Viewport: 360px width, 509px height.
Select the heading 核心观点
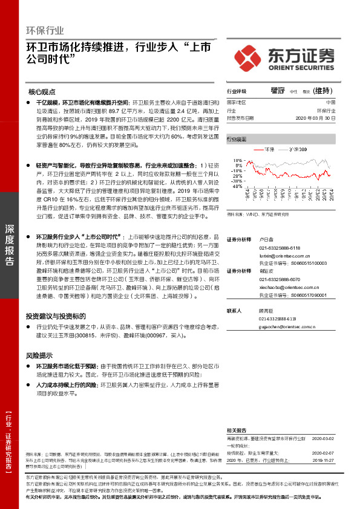(x=42, y=92)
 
